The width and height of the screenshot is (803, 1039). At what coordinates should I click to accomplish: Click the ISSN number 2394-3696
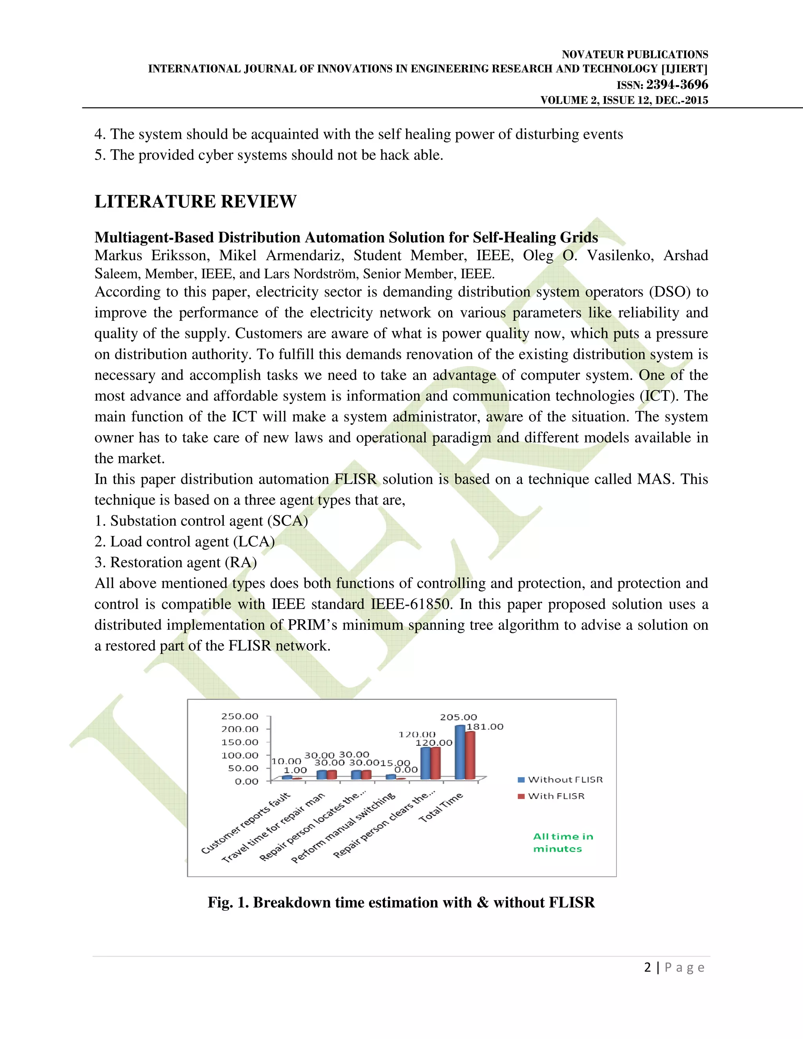tap(676, 85)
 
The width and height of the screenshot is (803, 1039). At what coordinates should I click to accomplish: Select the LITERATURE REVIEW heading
tap(196, 202)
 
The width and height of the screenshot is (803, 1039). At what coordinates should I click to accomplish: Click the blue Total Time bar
tap(460, 752)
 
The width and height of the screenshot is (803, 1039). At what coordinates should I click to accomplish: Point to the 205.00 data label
tap(458, 717)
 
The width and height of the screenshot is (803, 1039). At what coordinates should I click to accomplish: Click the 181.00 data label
tap(485, 727)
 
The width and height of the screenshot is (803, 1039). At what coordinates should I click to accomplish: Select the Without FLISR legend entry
tap(560, 780)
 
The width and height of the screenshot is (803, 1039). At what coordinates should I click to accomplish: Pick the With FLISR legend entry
tap(551, 796)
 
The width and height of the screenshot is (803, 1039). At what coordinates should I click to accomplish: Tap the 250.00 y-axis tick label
tap(240, 716)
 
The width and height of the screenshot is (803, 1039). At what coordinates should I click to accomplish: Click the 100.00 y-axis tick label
tap(240, 755)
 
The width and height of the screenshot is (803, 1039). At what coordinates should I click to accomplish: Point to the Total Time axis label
tap(440, 807)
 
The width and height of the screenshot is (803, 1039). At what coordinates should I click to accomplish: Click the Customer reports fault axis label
tap(245, 823)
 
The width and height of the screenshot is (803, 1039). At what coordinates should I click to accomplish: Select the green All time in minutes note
tap(562, 843)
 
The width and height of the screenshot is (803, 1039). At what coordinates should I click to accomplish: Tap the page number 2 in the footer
tap(647, 967)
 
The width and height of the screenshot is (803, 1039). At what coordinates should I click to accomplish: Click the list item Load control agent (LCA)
tap(185, 541)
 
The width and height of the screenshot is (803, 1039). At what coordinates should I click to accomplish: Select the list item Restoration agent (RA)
tap(176, 562)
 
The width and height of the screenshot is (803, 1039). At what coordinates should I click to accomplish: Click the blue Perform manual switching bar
tap(390, 776)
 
